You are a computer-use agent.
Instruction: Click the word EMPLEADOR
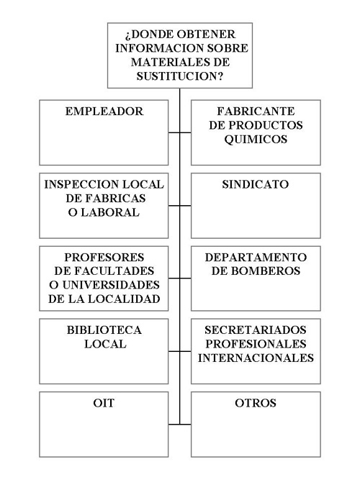tap(104, 111)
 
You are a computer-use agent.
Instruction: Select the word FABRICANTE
tap(256, 111)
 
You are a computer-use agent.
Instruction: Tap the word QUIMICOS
tap(256, 140)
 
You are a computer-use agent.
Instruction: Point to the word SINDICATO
tap(256, 184)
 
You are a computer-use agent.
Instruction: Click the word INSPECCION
tap(81, 184)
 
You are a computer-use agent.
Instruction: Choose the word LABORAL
tap(110, 212)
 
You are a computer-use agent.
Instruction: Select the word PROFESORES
tap(104, 257)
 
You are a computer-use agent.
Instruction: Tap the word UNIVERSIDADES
tap(111, 285)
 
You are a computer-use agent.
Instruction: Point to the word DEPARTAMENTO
tap(256, 257)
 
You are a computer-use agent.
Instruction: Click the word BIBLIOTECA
tap(104, 330)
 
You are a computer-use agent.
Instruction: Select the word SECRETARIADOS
tap(256, 330)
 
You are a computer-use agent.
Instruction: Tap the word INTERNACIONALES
tap(256, 358)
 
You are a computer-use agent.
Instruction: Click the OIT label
tap(104, 403)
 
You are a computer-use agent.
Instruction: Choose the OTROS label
tap(256, 403)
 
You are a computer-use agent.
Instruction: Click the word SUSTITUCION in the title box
tap(179, 76)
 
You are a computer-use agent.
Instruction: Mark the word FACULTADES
tap(114, 271)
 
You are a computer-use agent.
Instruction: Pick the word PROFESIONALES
tap(256, 344)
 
